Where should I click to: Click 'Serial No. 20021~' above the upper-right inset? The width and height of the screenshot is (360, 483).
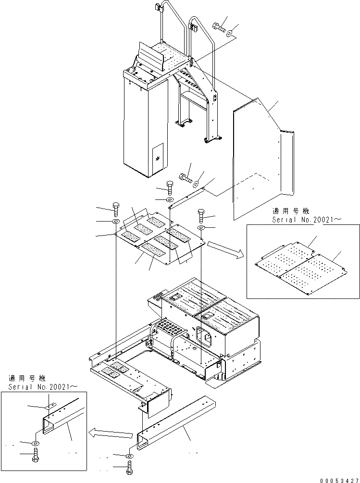[301, 219]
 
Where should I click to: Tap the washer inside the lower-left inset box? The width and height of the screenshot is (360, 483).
[36, 443]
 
